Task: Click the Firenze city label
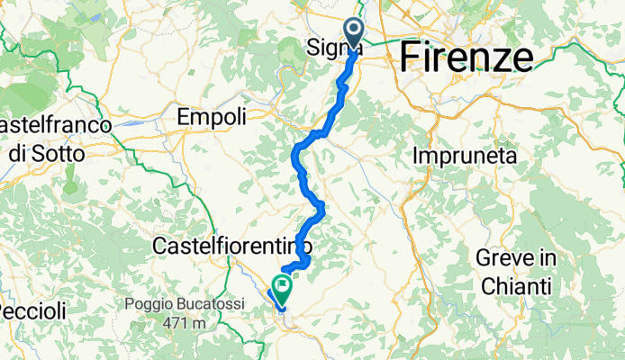coord(465,57)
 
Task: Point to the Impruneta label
coord(466,156)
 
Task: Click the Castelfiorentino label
coord(232,245)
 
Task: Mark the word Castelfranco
coord(54,125)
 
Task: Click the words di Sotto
coord(48,153)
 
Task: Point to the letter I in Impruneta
coord(416,156)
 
